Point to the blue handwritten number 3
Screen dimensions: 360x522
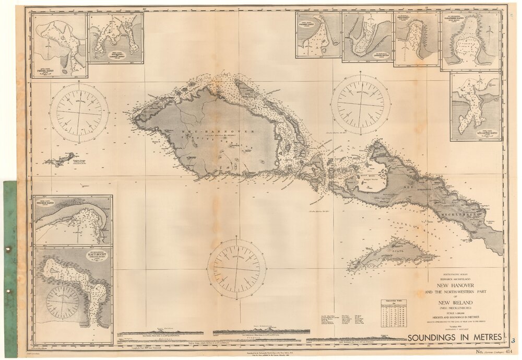click(x=513, y=341)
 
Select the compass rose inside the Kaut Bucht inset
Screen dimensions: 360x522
click(x=63, y=302)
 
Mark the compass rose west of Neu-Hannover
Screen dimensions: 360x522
click(x=79, y=112)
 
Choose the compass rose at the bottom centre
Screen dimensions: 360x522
click(x=236, y=268)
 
